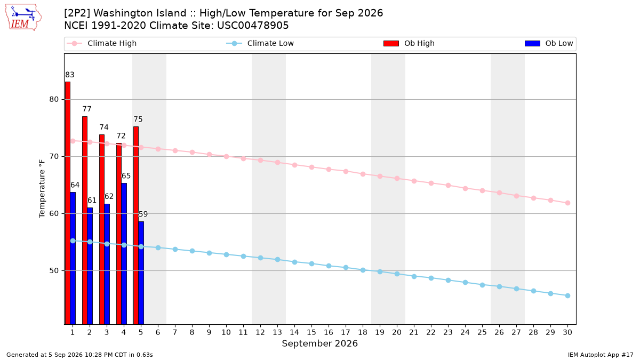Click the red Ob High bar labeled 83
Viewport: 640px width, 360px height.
pos(68,203)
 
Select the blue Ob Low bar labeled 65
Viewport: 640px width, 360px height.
pos(124,254)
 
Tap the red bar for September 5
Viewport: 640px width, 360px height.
pos(136,226)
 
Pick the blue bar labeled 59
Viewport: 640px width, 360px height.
pos(141,273)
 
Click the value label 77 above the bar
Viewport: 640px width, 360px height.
pos(87,109)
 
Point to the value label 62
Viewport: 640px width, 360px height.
pos(109,196)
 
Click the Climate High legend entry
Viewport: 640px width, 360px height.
pos(102,43)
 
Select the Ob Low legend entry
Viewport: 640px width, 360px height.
pos(549,43)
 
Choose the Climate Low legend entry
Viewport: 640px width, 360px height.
pos(260,43)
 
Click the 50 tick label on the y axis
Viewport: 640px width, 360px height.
pos(54,270)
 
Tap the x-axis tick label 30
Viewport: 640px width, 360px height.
pos(567,332)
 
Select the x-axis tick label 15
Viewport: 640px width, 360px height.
pos(311,332)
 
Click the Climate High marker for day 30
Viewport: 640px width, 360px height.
pos(567,203)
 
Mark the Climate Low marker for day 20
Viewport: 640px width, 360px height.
pos(397,274)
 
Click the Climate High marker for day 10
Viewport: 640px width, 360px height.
pos(226,157)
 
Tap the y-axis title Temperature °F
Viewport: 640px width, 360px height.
pos(42,189)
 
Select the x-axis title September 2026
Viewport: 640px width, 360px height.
pos(319,343)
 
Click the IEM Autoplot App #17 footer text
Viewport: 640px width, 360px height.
pos(601,355)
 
